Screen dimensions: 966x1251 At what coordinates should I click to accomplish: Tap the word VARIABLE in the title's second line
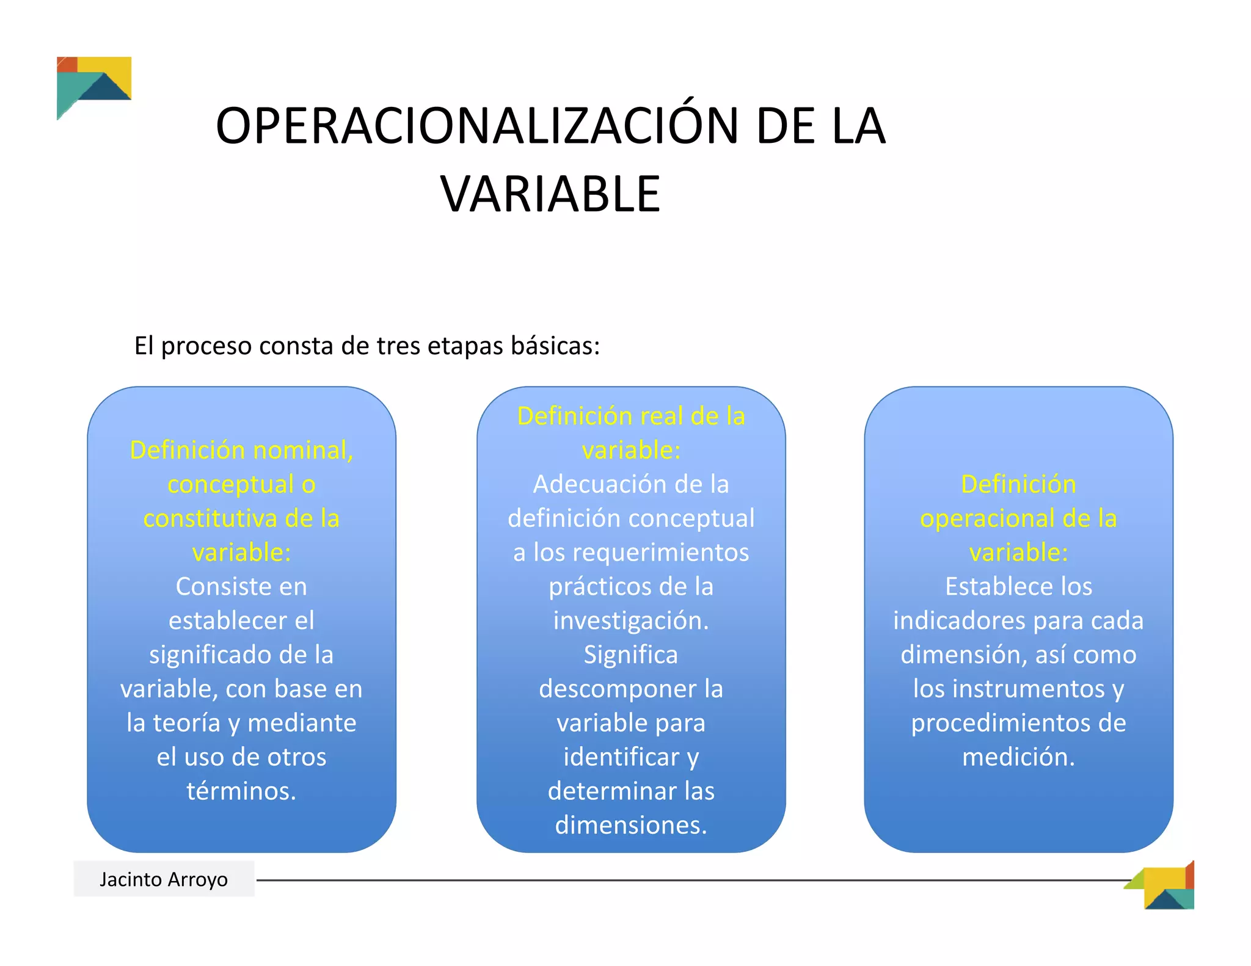(550, 194)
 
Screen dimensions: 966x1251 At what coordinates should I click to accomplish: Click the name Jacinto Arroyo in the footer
(164, 879)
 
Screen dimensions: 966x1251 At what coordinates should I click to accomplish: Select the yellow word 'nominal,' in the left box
(303, 450)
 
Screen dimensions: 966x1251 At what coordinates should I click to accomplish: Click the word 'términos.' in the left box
(241, 791)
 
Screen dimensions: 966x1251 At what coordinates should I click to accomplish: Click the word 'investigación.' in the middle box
(631, 620)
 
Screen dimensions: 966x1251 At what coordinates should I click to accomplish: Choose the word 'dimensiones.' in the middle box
(631, 826)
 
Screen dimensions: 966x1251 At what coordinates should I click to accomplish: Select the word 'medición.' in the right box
(1018, 757)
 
